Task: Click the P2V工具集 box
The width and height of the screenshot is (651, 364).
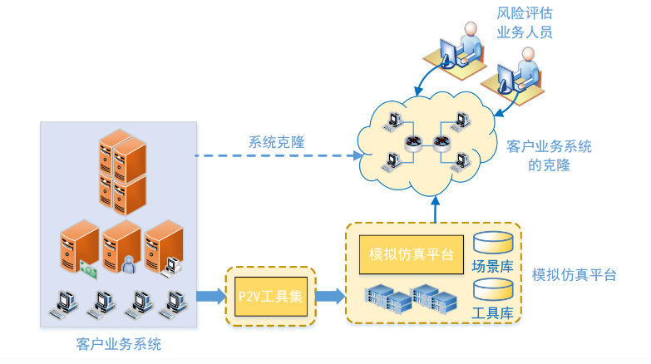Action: point(271,296)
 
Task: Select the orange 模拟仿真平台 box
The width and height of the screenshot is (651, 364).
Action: point(411,253)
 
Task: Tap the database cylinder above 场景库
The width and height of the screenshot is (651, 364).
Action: point(492,243)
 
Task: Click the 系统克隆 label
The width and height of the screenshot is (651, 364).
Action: point(276,142)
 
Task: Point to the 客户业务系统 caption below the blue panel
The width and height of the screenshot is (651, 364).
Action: point(118,343)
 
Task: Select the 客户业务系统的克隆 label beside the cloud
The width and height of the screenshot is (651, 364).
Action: point(549,155)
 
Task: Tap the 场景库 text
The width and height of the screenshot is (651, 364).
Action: point(492,267)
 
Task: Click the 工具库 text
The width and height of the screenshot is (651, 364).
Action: point(492,314)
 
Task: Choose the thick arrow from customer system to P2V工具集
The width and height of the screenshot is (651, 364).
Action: point(211,296)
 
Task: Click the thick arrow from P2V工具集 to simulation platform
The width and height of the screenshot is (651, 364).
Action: point(330,296)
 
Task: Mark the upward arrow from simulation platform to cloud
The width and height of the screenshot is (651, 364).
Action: point(434,208)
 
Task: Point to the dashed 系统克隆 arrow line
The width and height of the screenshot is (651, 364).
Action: point(274,155)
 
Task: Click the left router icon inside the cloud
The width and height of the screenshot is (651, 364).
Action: point(414,143)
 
